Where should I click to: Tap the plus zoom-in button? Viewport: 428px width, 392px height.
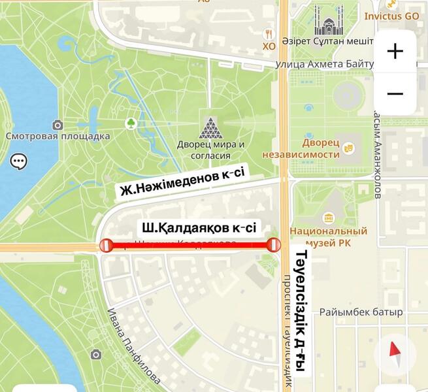click(395, 52)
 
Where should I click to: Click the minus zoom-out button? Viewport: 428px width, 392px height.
click(395, 94)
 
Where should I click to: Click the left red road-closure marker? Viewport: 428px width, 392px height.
click(106, 245)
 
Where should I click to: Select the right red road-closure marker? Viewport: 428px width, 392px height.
click(274, 245)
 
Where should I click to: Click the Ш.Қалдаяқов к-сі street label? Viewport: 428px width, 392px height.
click(199, 228)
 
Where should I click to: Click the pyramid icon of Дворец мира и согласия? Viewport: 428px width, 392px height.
click(210, 127)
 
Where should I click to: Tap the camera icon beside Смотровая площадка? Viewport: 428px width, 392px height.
click(58, 125)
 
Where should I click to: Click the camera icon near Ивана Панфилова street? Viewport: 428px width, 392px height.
click(96, 354)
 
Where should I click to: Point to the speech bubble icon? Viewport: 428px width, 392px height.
click(18, 161)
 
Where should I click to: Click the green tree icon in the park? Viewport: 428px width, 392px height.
click(131, 123)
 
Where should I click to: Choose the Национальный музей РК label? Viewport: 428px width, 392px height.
click(328, 236)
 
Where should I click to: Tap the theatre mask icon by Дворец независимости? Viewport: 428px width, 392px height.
click(349, 148)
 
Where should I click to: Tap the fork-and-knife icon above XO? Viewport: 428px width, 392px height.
click(269, 33)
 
